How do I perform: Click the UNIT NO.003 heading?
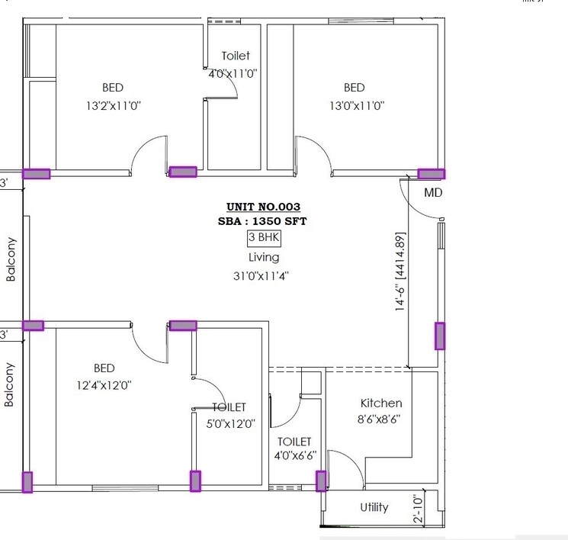click(x=263, y=207)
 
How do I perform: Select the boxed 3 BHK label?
click(x=264, y=238)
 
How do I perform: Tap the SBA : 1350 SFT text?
click(x=263, y=221)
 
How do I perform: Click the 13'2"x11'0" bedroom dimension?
click(x=113, y=106)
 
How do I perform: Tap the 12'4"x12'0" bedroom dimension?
click(x=104, y=385)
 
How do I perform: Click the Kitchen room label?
click(x=381, y=403)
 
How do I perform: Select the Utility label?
click(x=374, y=507)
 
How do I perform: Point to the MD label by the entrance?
click(x=433, y=193)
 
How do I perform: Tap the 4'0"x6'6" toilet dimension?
click(x=294, y=457)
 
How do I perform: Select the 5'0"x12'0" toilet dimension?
click(x=229, y=423)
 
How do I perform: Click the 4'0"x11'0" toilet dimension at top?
click(x=233, y=74)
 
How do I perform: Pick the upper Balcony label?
click(x=11, y=260)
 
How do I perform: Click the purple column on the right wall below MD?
click(x=439, y=336)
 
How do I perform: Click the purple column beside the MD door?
click(x=431, y=174)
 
